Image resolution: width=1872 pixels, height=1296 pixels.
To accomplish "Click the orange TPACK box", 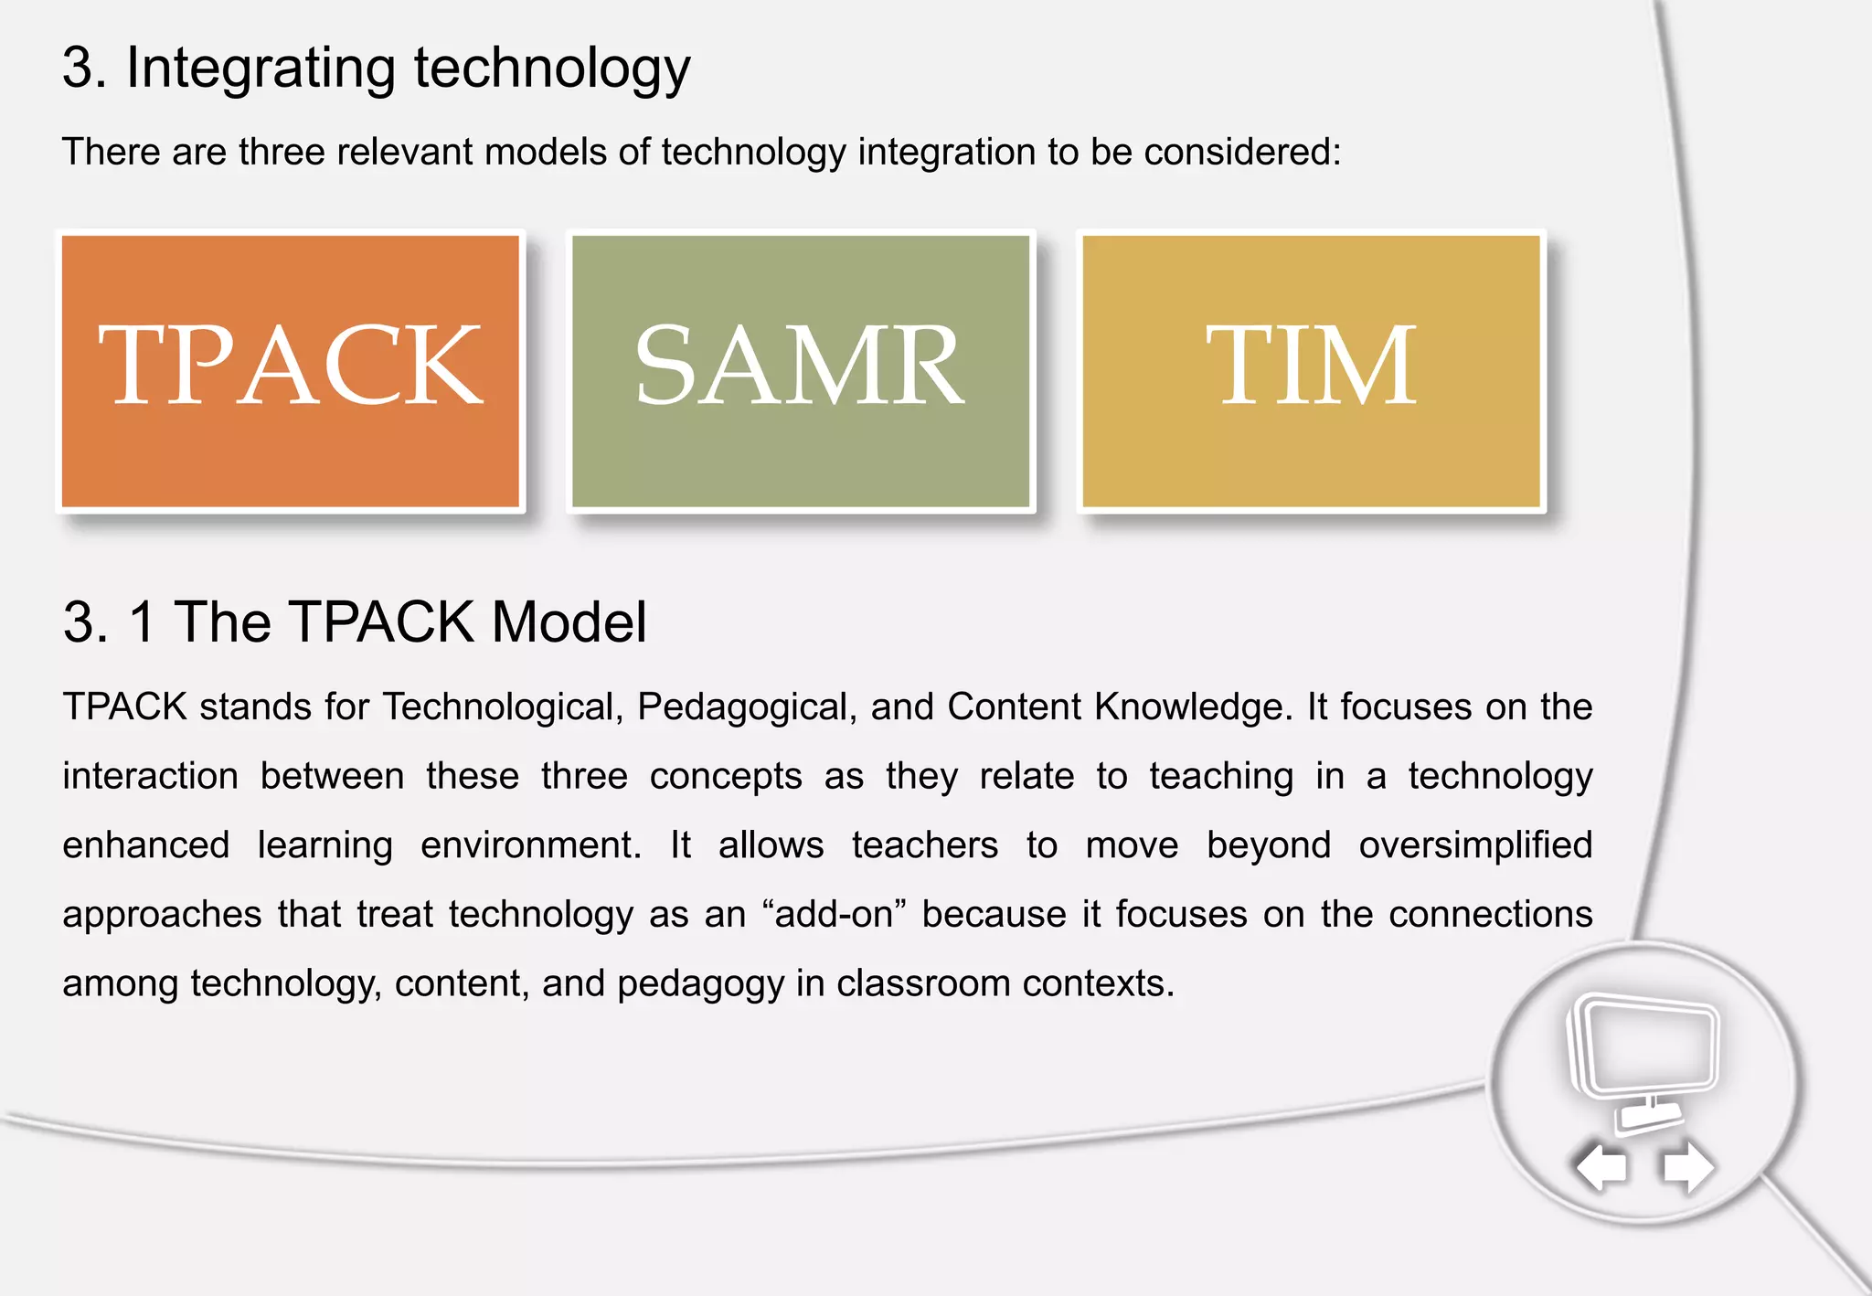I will [291, 370].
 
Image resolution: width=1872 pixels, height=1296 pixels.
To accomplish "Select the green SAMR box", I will [801, 370].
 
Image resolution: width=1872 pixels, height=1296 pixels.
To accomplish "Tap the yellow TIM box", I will [1312, 370].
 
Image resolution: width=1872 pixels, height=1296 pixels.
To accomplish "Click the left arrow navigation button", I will [1601, 1167].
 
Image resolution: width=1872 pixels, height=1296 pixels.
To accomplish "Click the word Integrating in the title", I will [261, 69].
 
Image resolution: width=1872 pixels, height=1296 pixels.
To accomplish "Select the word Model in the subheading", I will [569, 622].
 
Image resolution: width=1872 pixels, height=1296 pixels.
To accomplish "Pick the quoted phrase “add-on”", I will [833, 915].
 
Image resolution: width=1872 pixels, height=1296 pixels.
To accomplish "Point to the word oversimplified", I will [1474, 845].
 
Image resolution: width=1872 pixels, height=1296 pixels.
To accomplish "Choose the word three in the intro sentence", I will [281, 152].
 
